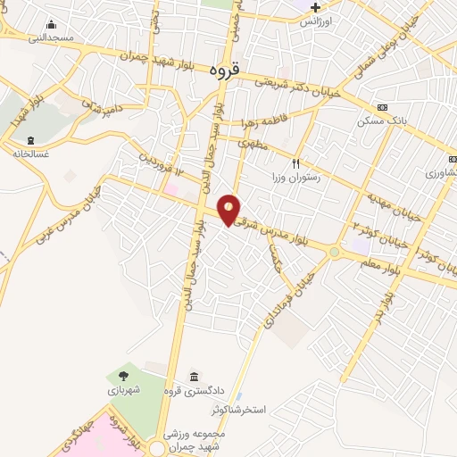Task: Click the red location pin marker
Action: (229, 209)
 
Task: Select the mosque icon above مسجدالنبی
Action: (50, 24)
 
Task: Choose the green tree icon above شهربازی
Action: (124, 376)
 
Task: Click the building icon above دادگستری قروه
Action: (195, 376)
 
